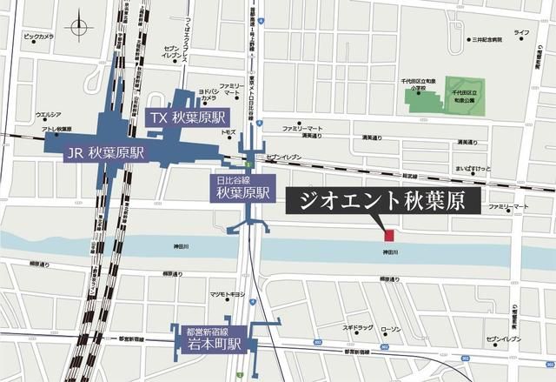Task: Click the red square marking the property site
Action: coord(389,234)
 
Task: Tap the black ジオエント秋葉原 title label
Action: coord(382,202)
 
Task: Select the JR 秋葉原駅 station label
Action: coord(105,153)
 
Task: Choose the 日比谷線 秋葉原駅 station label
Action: coord(243,189)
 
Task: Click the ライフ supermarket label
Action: coord(520,32)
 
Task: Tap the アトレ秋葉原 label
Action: coord(52,129)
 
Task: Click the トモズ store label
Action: coord(228,131)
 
